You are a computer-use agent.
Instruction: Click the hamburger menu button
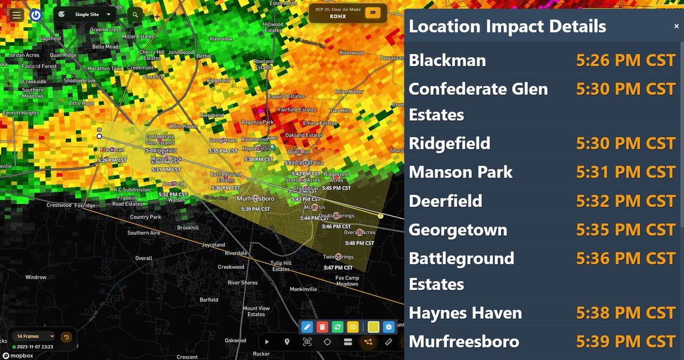17,15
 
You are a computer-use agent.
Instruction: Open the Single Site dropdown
85,14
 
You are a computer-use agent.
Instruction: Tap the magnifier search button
135,15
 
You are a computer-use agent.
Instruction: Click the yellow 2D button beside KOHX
373,12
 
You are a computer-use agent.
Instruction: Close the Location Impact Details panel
676,26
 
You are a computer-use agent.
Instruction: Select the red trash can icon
322,327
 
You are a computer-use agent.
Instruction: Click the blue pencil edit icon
307,327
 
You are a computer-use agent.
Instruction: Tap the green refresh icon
337,327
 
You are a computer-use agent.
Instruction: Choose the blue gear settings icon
389,327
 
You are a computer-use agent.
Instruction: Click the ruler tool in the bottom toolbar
389,342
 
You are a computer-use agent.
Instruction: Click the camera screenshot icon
307,342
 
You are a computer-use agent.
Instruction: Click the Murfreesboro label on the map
255,198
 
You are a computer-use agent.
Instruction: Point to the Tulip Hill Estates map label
280,266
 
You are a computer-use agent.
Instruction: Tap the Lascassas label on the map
393,59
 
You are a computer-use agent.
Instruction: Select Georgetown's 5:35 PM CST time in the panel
625,230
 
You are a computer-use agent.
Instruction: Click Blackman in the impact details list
447,60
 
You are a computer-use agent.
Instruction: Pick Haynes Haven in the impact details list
465,313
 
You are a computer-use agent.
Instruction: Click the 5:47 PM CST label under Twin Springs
337,267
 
